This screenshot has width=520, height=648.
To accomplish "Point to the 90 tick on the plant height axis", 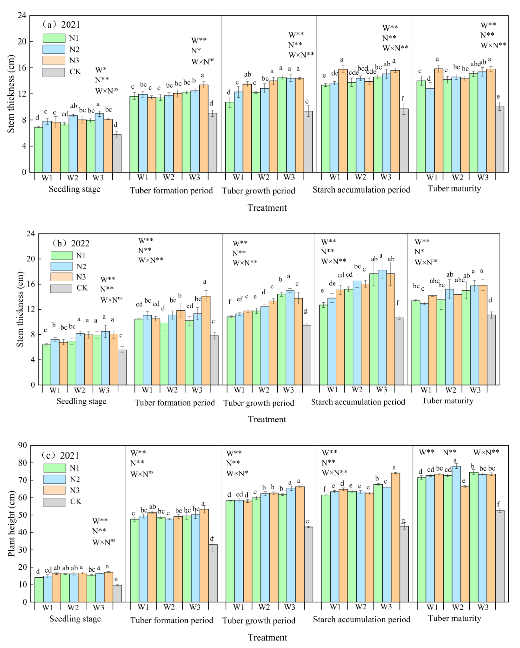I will (23, 445).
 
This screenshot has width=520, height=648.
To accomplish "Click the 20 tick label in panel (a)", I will (22, 42).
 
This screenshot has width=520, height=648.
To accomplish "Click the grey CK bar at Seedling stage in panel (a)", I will (117, 153).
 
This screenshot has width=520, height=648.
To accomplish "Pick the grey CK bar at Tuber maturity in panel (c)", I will (500, 556).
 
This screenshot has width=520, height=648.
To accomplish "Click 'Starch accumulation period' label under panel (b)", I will (358, 402).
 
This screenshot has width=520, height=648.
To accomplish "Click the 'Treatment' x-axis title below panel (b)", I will (267, 419).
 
